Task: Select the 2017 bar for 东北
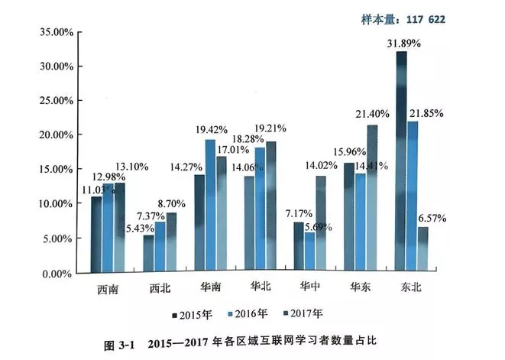[x=422, y=249]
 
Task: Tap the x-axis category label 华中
[x=309, y=290]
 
